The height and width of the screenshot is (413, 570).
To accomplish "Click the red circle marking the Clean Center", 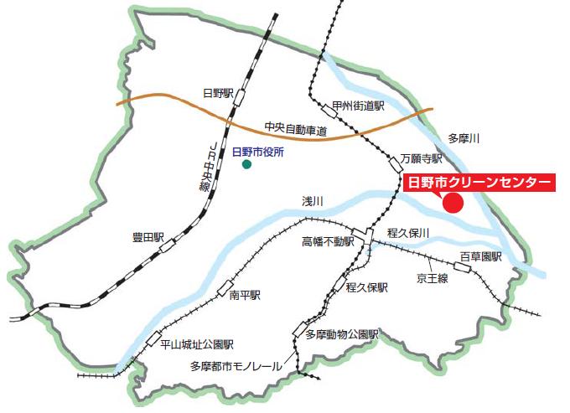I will pos(453,203).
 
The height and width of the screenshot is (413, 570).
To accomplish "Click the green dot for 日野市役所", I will pos(246,165).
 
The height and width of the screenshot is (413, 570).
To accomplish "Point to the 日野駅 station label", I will pos(216,92).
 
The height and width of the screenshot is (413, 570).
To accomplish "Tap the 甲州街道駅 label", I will pos(358,106).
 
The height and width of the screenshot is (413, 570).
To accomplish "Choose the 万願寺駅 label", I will pos(420,157).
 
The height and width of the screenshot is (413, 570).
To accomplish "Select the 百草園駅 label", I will pos(479,256).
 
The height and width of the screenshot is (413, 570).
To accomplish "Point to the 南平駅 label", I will pos(246,296).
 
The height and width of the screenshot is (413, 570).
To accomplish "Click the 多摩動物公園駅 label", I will pos(342,334).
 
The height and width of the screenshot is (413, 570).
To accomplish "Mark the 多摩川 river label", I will pos(463,138).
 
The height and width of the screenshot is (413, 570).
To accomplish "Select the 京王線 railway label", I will pos(433,277).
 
